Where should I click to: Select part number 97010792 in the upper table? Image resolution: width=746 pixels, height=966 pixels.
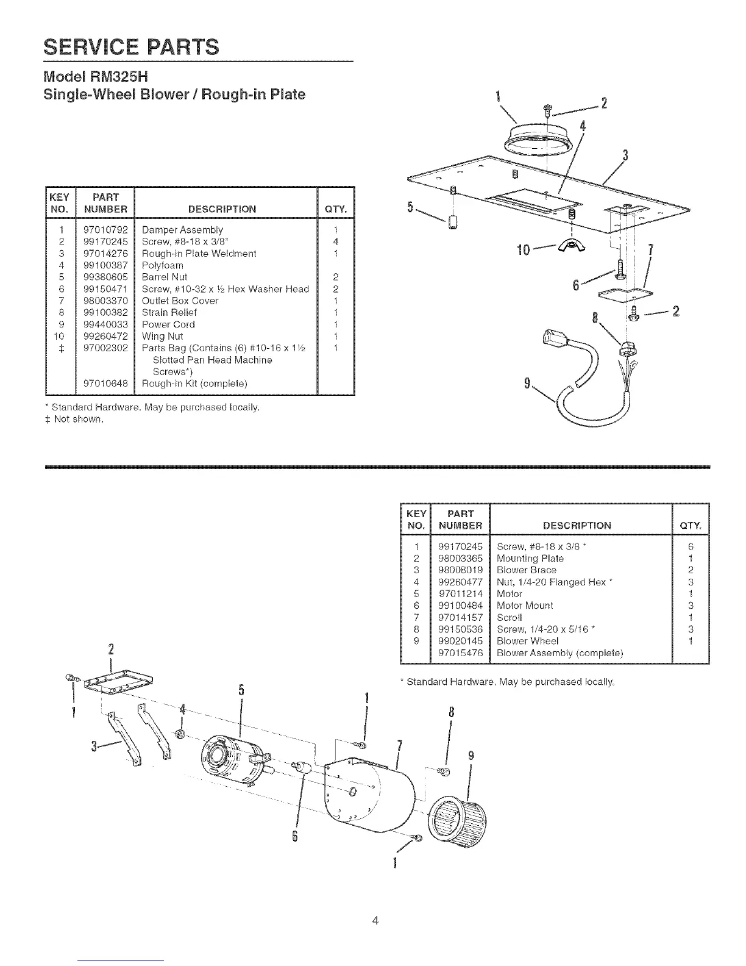tap(105, 230)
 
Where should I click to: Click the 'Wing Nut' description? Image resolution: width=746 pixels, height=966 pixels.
tap(162, 336)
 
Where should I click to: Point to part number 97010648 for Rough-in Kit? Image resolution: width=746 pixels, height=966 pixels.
tap(105, 384)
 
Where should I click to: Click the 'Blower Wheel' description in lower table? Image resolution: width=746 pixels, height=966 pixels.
tap(527, 641)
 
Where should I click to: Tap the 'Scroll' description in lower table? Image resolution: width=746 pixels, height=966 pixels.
tap(510, 617)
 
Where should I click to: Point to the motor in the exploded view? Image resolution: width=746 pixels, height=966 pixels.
tap(232, 756)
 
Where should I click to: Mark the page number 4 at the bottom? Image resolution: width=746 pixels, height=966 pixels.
tap(375, 920)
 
